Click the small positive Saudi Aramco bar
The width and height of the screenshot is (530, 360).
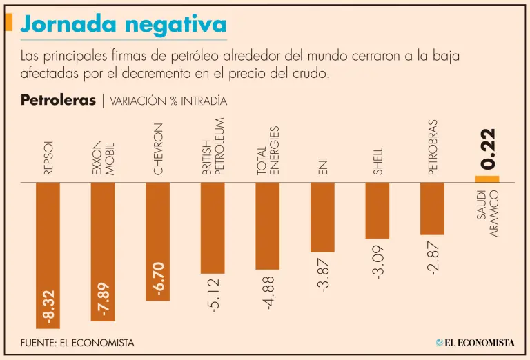tap(487, 179)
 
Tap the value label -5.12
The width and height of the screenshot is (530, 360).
tap(213, 294)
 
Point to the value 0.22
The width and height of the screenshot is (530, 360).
tap(488, 148)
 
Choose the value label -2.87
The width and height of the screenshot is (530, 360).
tap(433, 258)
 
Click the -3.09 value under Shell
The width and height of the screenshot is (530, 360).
tap(377, 261)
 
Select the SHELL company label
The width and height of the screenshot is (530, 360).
tap(377, 160)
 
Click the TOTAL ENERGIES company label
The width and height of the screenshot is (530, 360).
tap(268, 150)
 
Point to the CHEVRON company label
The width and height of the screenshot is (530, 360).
tap(158, 148)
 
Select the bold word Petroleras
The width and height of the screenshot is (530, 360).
tap(58, 100)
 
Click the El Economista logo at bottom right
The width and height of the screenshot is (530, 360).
tap(475, 342)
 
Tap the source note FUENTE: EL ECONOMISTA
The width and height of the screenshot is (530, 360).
tap(77, 342)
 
